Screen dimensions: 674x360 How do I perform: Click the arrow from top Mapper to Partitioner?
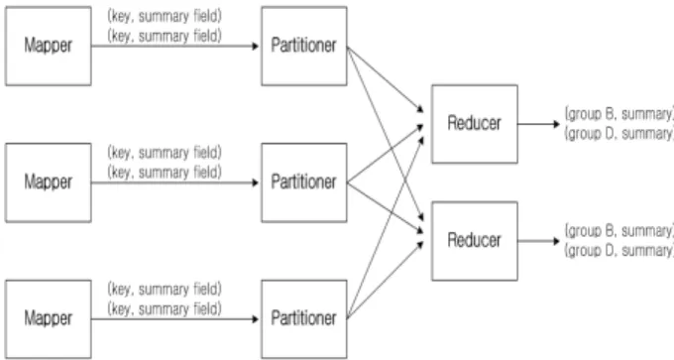coord(175,46)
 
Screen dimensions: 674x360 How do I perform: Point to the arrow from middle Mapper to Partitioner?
coord(175,182)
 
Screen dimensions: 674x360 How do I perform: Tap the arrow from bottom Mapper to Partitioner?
coord(175,319)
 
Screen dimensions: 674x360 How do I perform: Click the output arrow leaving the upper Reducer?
coord(539,124)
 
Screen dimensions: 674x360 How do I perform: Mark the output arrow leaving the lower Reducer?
coord(539,241)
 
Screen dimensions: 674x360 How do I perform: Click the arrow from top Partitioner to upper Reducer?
coord(386,79)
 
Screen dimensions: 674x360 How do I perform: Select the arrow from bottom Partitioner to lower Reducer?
coord(386,280)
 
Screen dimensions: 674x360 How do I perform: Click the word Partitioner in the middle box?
coord(304,181)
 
